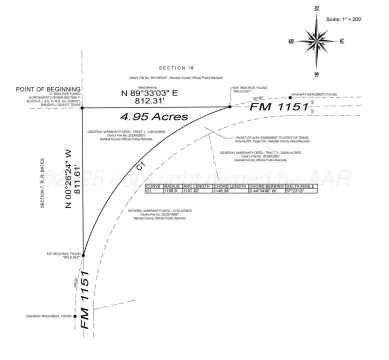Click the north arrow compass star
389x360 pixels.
[x=317, y=42]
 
